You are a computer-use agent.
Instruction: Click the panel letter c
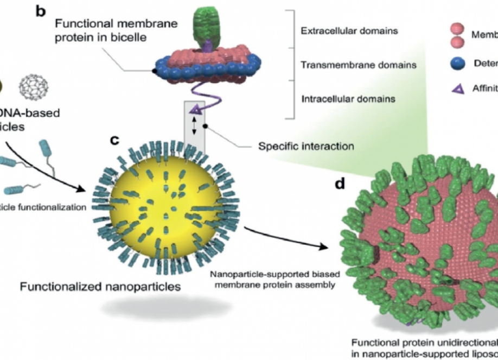click(x=114, y=140)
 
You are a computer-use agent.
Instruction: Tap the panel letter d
click(x=340, y=184)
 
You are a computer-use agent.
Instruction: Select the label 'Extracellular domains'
click(x=349, y=31)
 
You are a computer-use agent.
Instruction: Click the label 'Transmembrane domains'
click(x=358, y=65)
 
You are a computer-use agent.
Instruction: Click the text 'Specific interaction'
click(x=306, y=146)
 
